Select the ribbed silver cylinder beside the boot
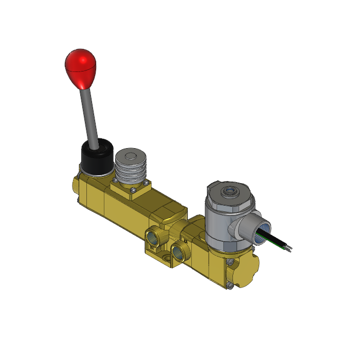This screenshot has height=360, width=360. pos(130,170)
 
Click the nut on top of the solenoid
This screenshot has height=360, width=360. pos(228,192)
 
